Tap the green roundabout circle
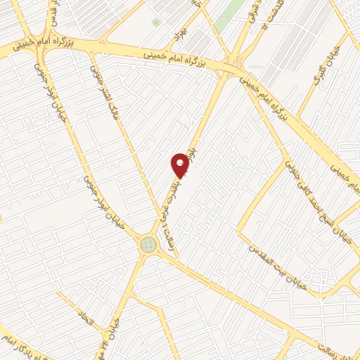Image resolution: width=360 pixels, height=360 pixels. tap(148, 244)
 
